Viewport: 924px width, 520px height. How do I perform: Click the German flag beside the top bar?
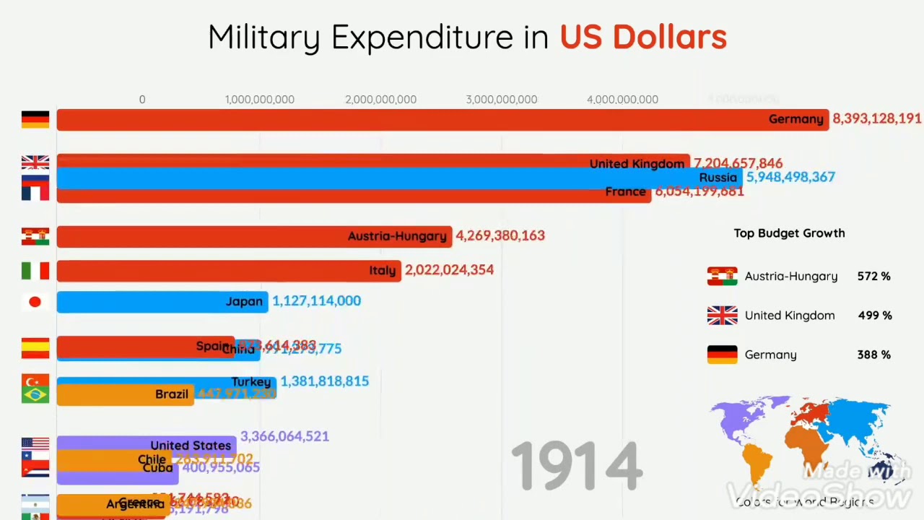(35, 119)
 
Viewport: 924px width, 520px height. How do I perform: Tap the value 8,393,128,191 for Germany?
(876, 118)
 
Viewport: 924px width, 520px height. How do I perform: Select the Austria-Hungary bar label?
(397, 236)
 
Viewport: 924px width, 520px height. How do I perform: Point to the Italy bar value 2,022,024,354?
(449, 270)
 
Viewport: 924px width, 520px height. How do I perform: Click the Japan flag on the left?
(35, 302)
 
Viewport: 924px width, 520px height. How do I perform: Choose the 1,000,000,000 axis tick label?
(260, 100)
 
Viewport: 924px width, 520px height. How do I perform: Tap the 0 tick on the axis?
(142, 100)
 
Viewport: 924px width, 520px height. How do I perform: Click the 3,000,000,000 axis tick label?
(501, 100)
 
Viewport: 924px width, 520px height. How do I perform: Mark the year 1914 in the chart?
(576, 467)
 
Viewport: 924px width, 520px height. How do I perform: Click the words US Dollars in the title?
(642, 38)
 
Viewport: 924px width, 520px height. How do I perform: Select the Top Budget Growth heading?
(789, 233)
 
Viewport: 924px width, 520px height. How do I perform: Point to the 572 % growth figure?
(873, 277)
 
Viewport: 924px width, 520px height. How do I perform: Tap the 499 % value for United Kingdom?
(873, 316)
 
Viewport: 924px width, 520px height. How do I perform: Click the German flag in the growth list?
(722, 355)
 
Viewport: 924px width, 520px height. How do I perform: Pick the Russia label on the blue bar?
(718, 178)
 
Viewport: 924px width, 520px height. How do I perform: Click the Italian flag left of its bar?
(35, 271)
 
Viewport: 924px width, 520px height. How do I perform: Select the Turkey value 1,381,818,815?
(324, 381)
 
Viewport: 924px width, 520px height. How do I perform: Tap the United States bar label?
(191, 446)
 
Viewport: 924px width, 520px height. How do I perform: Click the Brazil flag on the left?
(35, 394)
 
